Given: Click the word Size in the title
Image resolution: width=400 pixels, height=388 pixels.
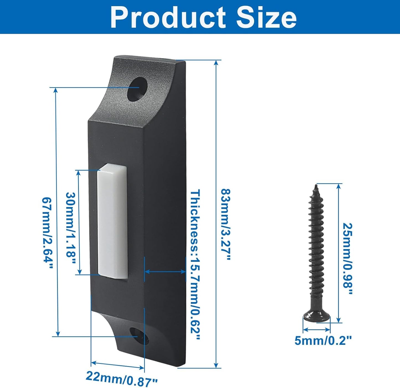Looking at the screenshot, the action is click(x=266, y=17).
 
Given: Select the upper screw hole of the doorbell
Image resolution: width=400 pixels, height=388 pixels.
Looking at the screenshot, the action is click(x=138, y=90).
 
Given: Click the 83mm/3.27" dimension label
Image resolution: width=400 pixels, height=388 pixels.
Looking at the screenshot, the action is click(x=226, y=224).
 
